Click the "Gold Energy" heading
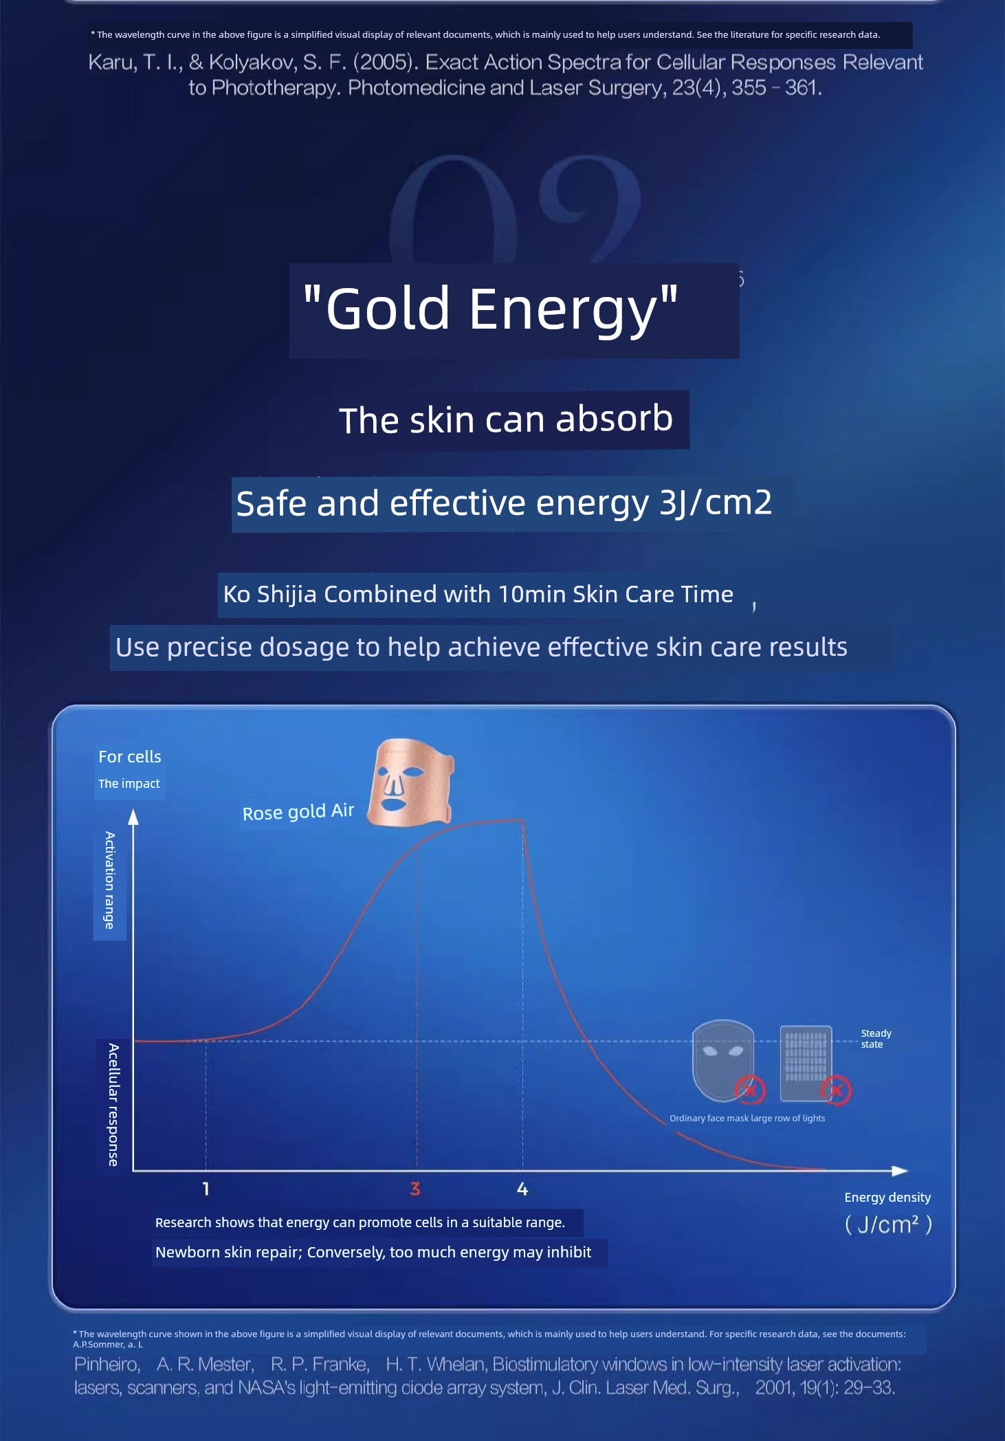point(490,309)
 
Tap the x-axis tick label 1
point(206,1189)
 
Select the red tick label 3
point(415,1189)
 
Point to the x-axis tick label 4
point(522,1189)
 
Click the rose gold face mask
point(410,782)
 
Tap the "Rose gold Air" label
point(298,812)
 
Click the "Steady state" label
point(876,1039)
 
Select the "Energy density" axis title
point(887,1197)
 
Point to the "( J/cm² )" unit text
point(888,1224)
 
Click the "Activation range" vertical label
point(109,880)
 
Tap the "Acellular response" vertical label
point(113,1105)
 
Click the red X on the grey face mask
point(750,1090)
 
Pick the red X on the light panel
point(836,1090)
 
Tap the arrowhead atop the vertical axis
point(133,817)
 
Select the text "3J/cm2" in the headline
point(716,503)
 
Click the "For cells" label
point(130,756)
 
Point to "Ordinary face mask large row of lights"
point(747,1118)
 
